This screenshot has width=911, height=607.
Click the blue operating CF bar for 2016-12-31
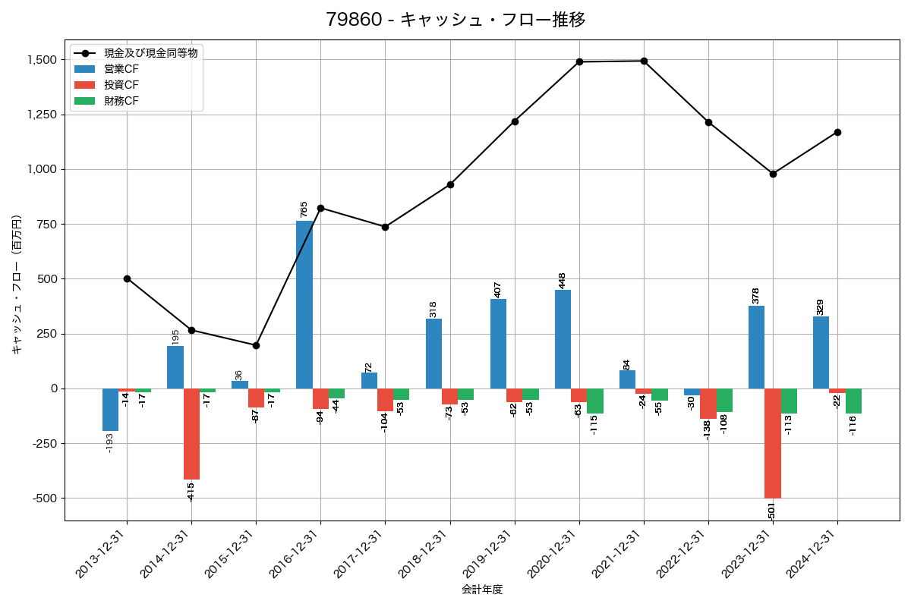point(304,303)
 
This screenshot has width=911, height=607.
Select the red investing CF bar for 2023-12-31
point(773,443)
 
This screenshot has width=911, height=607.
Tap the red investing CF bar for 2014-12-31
point(191,434)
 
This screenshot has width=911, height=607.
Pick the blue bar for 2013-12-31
point(111,410)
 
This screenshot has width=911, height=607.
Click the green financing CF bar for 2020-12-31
point(595,401)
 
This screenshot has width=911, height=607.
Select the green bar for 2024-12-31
point(853,401)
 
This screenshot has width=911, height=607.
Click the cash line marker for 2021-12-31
point(644,61)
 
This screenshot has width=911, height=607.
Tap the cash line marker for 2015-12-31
point(256,345)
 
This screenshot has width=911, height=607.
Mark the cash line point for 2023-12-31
point(773,174)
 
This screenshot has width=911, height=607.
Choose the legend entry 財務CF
point(121,101)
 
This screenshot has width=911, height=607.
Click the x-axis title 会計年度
point(482,590)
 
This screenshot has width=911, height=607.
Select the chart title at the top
point(455,20)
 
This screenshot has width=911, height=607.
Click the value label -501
point(772,511)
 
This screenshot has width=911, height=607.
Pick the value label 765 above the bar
point(304,209)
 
